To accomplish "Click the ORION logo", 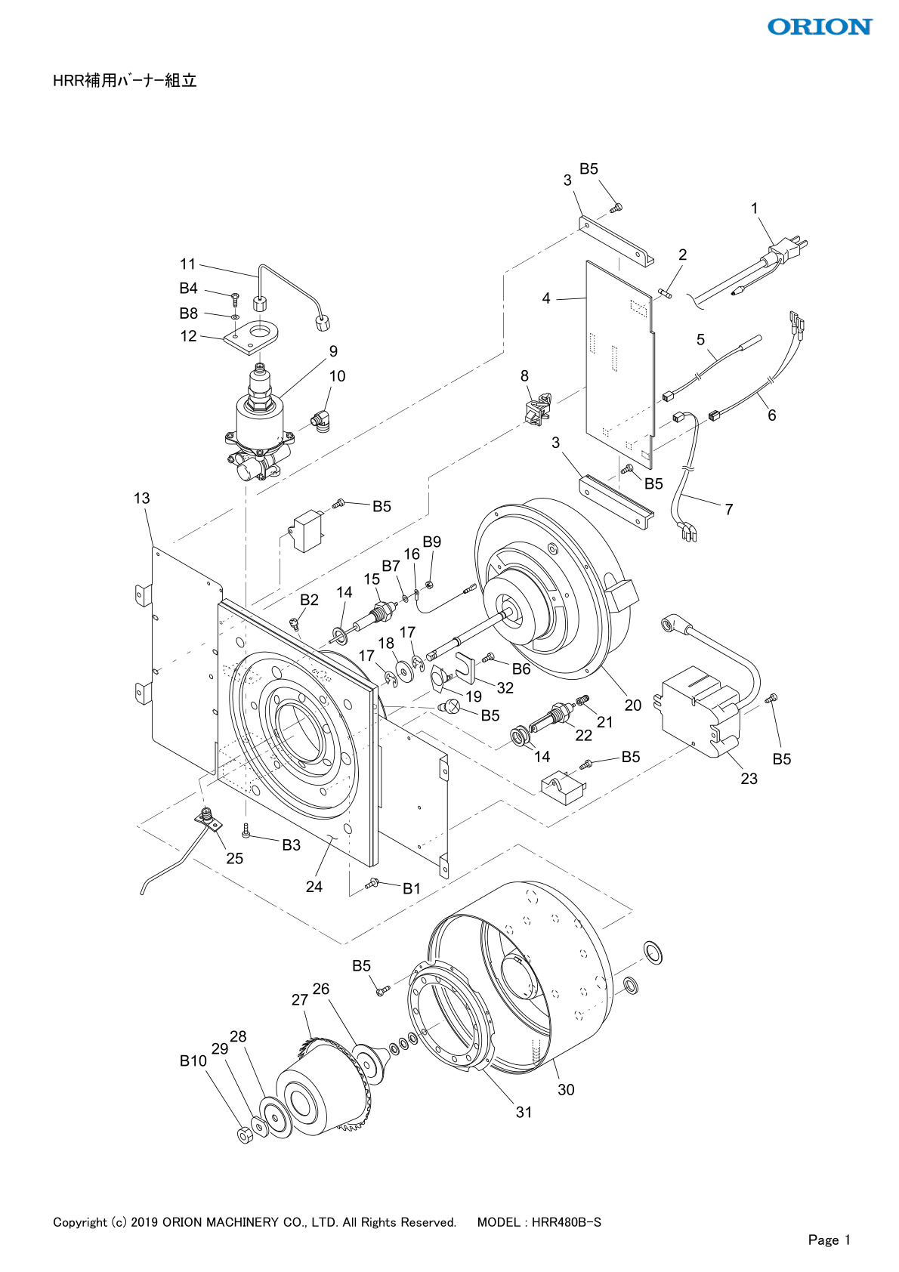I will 819,27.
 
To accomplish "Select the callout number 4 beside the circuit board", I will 546,298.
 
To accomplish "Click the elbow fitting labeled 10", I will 320,421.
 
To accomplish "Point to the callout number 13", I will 142,499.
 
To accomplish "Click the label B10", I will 193,1061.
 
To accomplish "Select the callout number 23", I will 749,779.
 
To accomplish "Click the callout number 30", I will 566,1089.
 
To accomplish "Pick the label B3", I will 292,845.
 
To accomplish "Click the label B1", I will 411,889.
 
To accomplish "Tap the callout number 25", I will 235,859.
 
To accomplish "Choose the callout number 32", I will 505,688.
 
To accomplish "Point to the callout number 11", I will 187,264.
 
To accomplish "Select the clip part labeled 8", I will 538,409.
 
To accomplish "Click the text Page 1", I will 829,1240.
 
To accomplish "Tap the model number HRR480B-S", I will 567,1222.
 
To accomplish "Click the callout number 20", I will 633,705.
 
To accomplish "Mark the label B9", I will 431,542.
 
